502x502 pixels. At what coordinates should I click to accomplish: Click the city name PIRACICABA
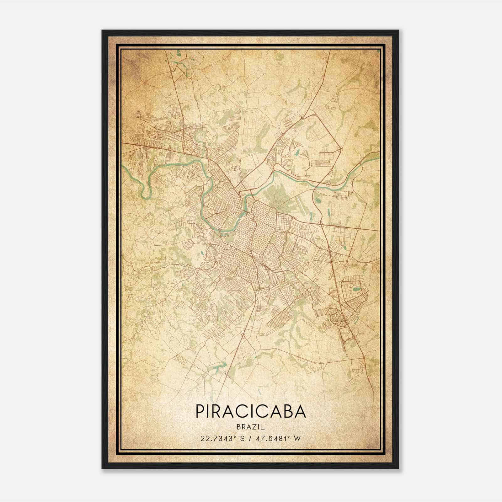251,411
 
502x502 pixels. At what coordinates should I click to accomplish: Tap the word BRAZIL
251,427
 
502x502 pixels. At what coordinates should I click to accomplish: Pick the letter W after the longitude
297,438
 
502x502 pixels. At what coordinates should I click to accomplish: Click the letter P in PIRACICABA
200,411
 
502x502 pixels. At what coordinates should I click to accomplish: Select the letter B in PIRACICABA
285,411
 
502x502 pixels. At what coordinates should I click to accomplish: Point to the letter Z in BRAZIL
254,427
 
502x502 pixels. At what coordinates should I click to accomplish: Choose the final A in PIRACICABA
300,411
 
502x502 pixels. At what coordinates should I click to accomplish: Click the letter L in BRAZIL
263,427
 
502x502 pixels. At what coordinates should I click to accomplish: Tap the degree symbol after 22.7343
234,436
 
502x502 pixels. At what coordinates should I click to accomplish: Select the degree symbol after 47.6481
286,436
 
